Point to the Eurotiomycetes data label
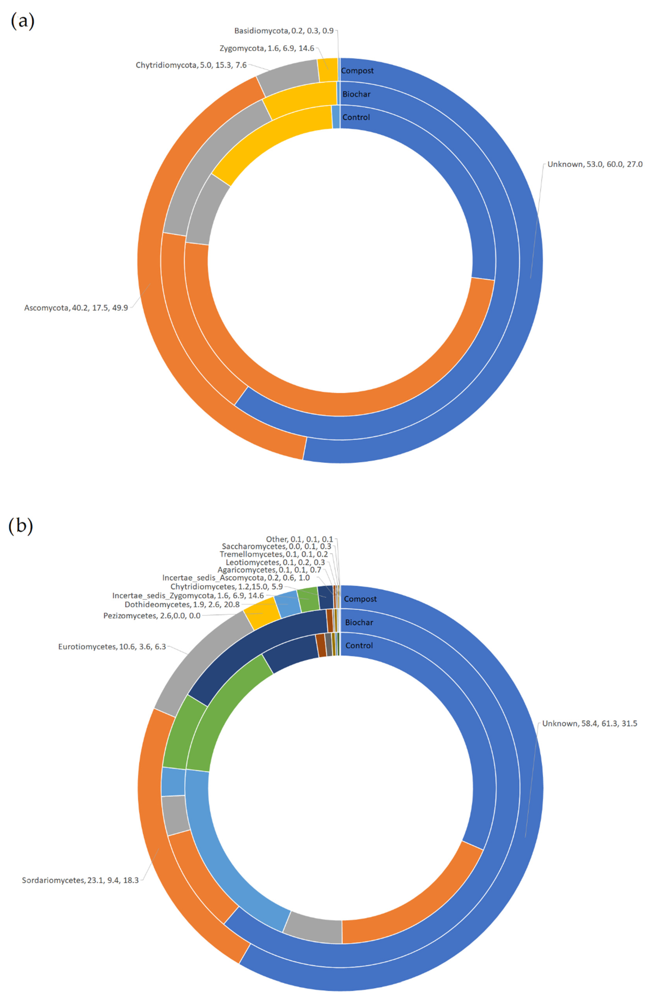[x=112, y=646]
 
